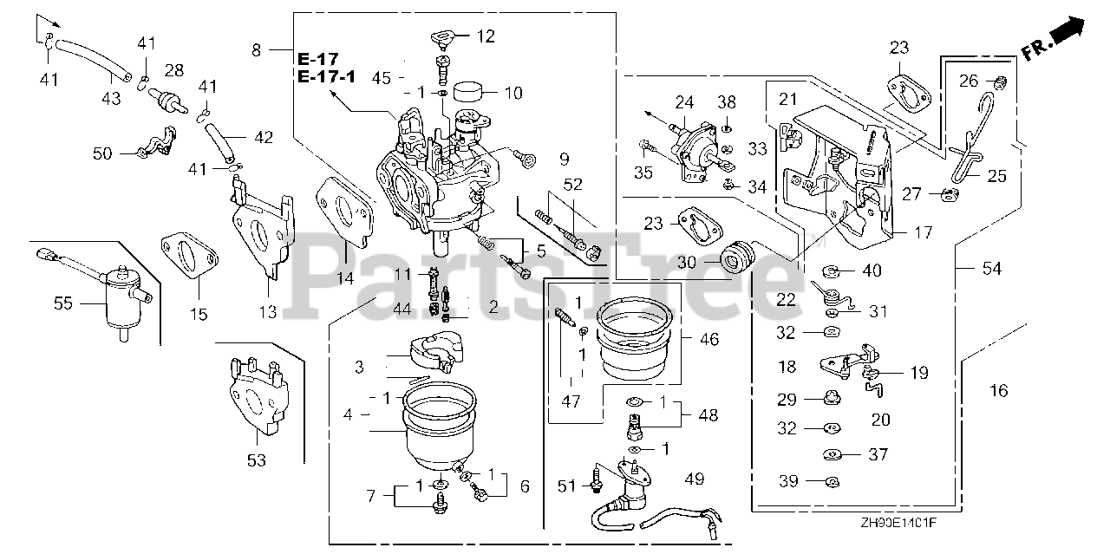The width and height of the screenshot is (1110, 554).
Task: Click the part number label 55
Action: pyautogui.click(x=64, y=303)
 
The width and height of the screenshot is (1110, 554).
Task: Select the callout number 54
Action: pyautogui.click(x=990, y=270)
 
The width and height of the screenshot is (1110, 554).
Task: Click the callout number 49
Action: pyautogui.click(x=694, y=479)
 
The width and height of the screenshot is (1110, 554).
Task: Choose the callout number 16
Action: pyautogui.click(x=998, y=391)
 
